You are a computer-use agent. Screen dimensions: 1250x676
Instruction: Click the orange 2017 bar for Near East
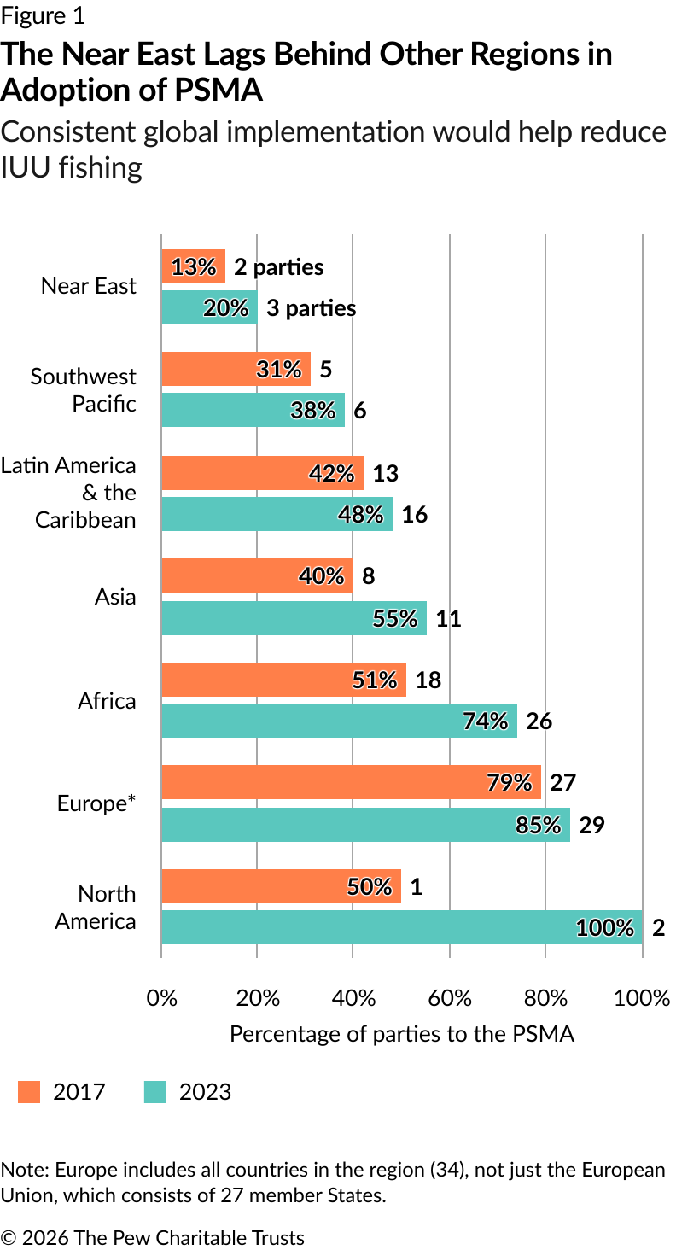[193, 266]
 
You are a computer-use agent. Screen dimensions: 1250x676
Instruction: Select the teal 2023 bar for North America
[401, 927]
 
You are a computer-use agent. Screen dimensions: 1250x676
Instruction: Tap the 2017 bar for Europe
[350, 782]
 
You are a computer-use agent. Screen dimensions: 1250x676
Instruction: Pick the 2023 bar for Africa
[339, 721]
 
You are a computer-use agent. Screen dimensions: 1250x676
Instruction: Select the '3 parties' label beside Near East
[311, 308]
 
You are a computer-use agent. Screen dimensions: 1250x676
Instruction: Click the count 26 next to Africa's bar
[539, 721]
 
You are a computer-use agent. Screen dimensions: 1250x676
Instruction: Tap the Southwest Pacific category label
[84, 389]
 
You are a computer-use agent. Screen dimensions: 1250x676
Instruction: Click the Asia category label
[115, 596]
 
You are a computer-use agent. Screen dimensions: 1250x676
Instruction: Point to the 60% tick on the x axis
[450, 997]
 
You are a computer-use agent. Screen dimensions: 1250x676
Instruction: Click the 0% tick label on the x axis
[162, 997]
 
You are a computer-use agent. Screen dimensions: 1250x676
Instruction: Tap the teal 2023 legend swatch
[155, 1091]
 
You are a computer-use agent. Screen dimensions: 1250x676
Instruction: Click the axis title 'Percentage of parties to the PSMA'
[402, 1034]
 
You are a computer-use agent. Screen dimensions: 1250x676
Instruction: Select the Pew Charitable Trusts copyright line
[153, 1237]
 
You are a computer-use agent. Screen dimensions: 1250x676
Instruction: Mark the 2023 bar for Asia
[294, 618]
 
